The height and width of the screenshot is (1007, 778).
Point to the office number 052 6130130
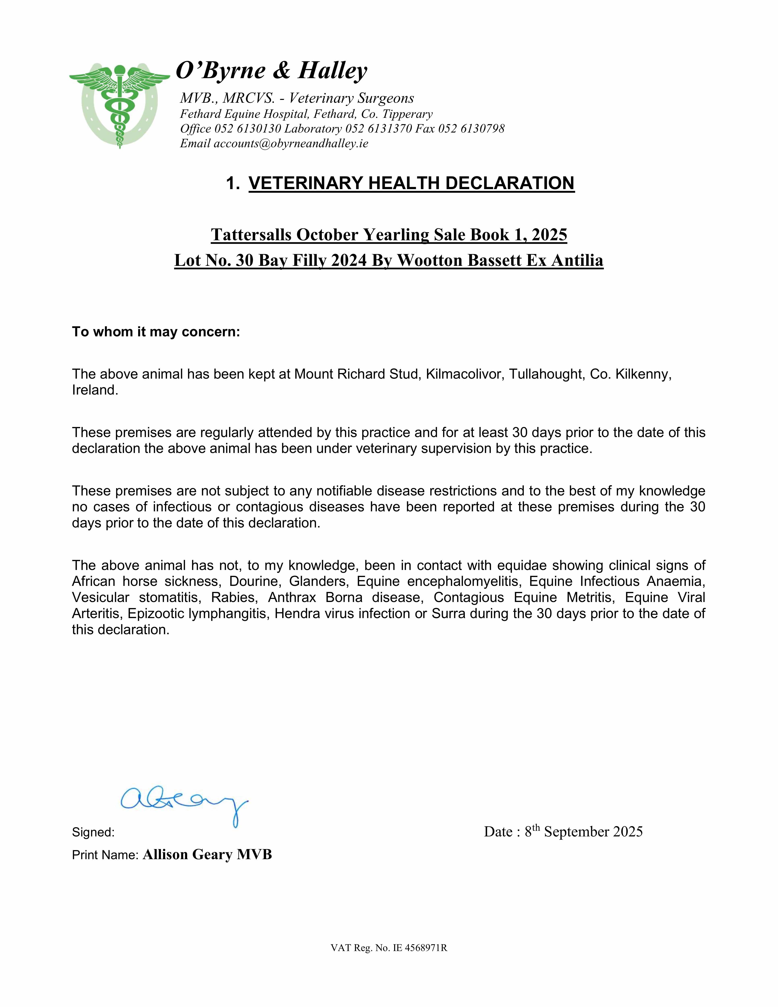tap(248, 129)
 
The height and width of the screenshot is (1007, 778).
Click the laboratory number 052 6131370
tap(378, 129)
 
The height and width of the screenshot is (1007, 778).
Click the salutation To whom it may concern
tap(156, 332)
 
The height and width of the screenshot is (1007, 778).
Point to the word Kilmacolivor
tap(465, 374)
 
